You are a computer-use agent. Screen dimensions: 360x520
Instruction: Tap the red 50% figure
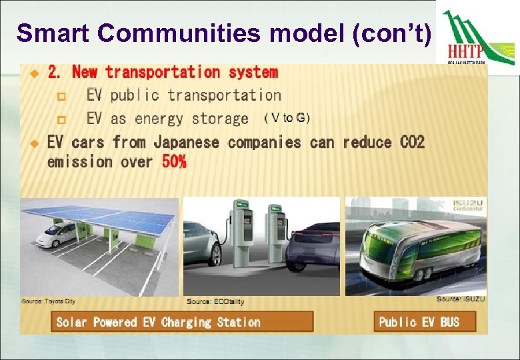(x=174, y=161)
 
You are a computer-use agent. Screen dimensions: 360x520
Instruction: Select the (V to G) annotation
(x=287, y=118)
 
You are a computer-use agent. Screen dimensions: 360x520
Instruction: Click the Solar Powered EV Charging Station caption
(x=159, y=322)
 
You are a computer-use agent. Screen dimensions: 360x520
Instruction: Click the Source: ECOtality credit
(x=215, y=302)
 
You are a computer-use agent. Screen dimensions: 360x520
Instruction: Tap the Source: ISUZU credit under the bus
(x=461, y=299)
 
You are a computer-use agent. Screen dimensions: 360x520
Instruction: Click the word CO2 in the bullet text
(x=412, y=142)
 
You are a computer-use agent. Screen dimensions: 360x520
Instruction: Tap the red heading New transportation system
(x=175, y=72)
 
